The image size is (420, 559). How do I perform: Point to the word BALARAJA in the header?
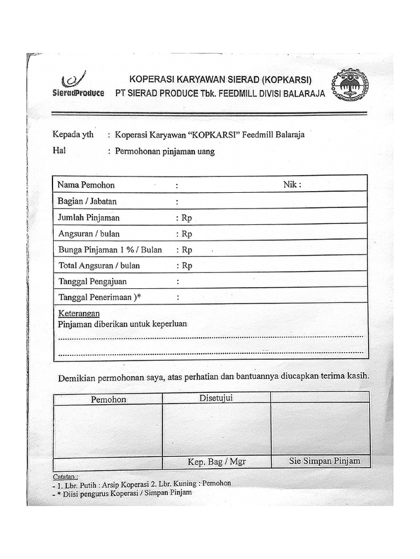click(x=304, y=93)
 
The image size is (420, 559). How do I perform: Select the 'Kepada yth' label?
click(x=73, y=135)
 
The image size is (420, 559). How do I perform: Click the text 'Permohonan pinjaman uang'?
click(x=165, y=152)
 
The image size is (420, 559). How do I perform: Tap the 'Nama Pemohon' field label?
click(x=86, y=185)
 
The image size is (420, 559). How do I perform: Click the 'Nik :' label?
click(x=292, y=185)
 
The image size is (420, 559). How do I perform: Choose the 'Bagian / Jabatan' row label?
click(x=87, y=201)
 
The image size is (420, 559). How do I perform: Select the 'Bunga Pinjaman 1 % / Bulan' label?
click(x=110, y=250)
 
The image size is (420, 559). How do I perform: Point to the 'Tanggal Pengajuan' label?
click(x=92, y=282)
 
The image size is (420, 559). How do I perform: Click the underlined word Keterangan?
click(x=79, y=313)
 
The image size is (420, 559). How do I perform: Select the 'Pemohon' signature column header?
click(x=108, y=400)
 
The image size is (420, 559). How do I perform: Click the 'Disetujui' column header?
click(x=216, y=398)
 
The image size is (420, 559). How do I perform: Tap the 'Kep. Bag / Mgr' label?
click(x=217, y=462)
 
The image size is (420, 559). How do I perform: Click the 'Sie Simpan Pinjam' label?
click(x=325, y=461)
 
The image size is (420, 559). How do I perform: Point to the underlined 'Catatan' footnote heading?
click(x=66, y=475)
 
